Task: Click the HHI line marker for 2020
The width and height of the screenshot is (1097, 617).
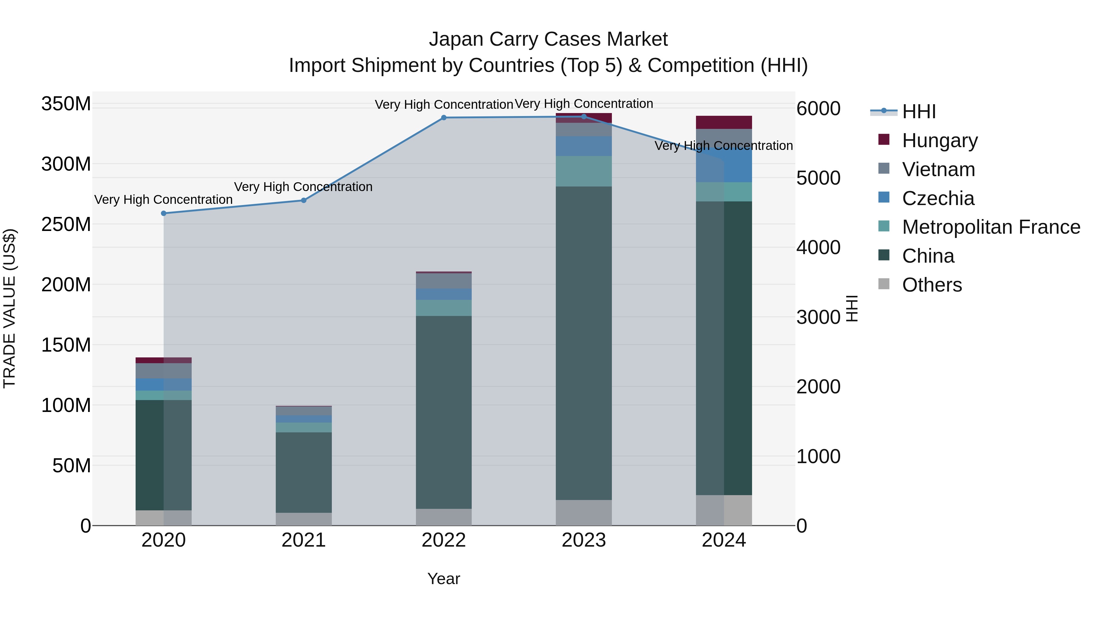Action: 164,213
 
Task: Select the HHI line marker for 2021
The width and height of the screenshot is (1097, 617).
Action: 304,200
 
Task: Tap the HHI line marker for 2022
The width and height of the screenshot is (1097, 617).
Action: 444,118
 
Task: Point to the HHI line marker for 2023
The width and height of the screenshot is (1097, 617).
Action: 584,117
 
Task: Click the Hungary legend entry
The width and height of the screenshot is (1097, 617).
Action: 939,140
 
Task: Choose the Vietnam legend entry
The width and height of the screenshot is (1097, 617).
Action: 938,169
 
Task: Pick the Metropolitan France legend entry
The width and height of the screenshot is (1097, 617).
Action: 991,227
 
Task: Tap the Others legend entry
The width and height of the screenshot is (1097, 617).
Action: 932,285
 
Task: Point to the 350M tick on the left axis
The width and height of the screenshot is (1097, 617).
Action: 66,104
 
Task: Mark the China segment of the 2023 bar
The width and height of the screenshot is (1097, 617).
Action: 584,343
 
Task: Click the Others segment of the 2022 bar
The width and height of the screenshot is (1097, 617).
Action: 444,517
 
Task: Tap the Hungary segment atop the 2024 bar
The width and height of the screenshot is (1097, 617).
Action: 724,122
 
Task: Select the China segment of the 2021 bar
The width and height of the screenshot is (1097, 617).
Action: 304,472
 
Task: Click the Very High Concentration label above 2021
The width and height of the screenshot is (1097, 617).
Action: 303,187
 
